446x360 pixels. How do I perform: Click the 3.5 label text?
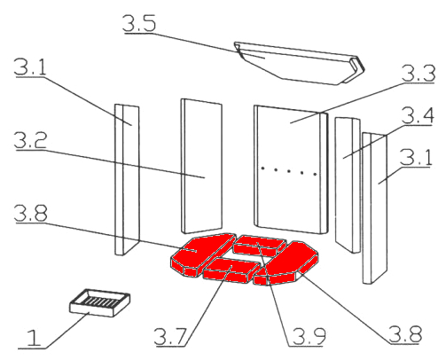[139, 23]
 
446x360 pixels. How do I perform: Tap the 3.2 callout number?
[30, 140]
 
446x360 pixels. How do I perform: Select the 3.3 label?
[419, 73]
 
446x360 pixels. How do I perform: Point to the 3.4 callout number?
[418, 115]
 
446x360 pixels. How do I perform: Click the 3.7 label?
[171, 336]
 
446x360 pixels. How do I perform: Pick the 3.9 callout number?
[309, 336]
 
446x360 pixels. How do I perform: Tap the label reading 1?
[34, 338]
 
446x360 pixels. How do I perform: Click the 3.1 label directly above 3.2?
[30, 67]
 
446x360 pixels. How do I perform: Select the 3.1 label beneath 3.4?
[416, 157]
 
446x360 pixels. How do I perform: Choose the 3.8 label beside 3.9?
[405, 334]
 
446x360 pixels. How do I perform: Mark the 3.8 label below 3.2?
[30, 213]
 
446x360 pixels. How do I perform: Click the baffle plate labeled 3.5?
[299, 64]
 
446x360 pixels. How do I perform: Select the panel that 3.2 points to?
[201, 166]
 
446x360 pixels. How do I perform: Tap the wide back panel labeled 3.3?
[291, 169]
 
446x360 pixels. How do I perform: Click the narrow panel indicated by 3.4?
[348, 184]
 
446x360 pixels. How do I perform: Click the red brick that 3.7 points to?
[231, 270]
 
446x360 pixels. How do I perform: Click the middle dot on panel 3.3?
[289, 171]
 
